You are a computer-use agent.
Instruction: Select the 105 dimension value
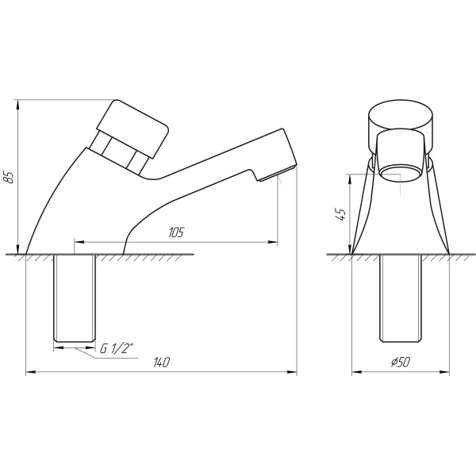click(175, 232)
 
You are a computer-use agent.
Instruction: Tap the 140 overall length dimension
click(161, 363)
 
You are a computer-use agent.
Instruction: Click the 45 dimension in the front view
click(342, 214)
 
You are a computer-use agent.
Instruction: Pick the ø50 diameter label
click(400, 363)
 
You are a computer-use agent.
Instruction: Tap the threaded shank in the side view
click(75, 298)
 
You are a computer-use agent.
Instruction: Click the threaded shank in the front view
click(401, 298)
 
